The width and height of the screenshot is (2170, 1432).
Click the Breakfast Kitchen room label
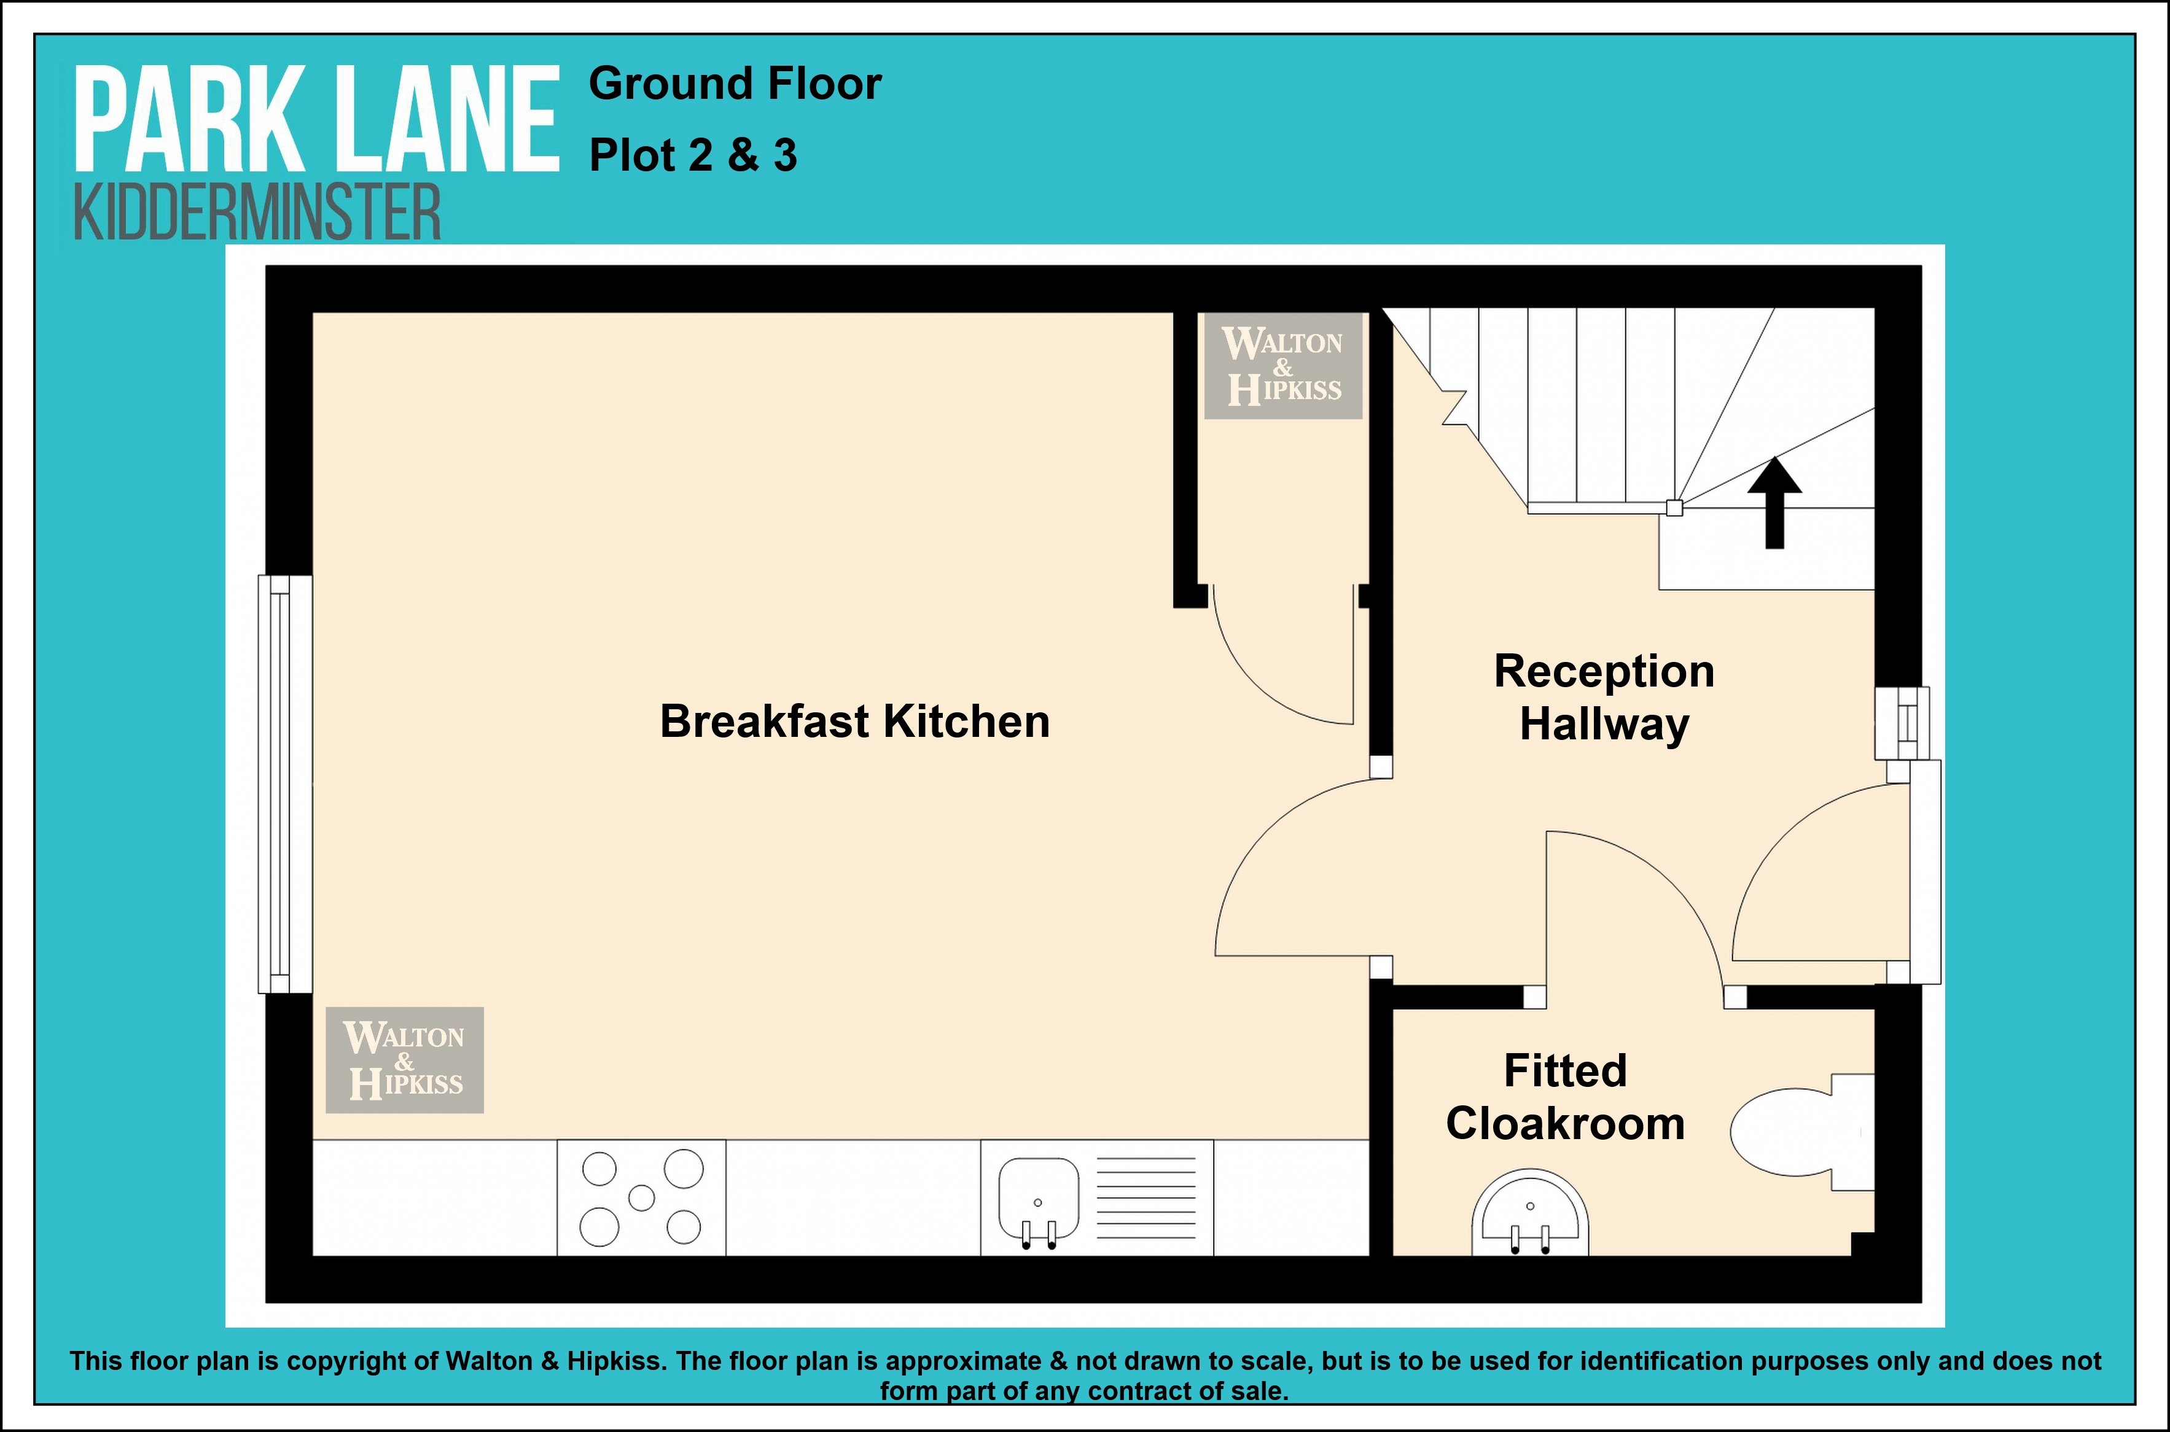pos(855,722)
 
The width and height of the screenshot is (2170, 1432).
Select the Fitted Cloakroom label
pos(1566,1097)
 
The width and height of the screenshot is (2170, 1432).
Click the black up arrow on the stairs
pos(1774,502)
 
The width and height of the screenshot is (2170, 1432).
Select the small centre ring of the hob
pos(642,1197)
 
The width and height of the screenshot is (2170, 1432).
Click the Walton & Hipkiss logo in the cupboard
pos(1283,366)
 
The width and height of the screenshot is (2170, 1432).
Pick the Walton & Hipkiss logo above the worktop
pos(405,1060)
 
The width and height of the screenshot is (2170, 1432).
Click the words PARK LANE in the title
pos(316,120)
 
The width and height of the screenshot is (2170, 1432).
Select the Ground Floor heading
pos(735,84)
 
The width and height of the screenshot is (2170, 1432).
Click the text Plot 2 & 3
pos(693,155)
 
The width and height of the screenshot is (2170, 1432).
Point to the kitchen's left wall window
pos(285,784)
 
